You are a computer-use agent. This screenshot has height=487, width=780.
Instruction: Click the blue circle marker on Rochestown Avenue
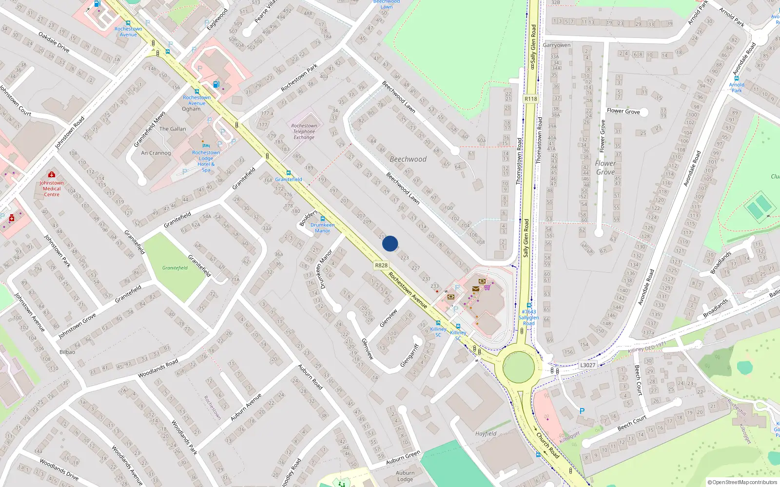(390, 243)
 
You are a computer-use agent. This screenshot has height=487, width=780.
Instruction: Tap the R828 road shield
(381, 265)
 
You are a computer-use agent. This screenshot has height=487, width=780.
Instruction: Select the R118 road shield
(531, 99)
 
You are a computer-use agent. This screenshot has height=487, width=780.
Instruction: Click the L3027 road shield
(587, 365)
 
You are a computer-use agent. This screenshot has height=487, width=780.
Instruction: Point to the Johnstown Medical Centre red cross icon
(51, 174)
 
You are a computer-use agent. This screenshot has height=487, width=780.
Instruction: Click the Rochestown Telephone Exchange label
(304, 131)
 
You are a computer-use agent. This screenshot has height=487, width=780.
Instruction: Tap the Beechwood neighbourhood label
(408, 159)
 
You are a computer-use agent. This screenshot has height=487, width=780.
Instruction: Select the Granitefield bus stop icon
(289, 172)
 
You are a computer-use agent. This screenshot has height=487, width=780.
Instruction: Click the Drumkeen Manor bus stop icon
(322, 219)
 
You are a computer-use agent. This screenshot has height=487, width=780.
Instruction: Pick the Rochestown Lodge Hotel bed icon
(206, 146)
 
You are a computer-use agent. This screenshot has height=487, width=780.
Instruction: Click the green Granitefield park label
(175, 268)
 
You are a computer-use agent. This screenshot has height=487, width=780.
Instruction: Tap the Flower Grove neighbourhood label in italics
(605, 168)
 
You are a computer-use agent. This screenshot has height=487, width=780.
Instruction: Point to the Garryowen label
(557, 45)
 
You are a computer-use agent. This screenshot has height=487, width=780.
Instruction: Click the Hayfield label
(486, 433)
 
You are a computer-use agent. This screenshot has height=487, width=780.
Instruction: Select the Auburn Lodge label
(405, 476)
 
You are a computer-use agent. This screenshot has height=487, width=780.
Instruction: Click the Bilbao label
(67, 352)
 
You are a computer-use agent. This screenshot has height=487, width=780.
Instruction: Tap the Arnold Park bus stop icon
(736, 78)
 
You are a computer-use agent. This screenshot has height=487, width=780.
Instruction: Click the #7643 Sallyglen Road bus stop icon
(529, 305)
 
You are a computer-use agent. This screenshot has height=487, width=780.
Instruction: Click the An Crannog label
(156, 153)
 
